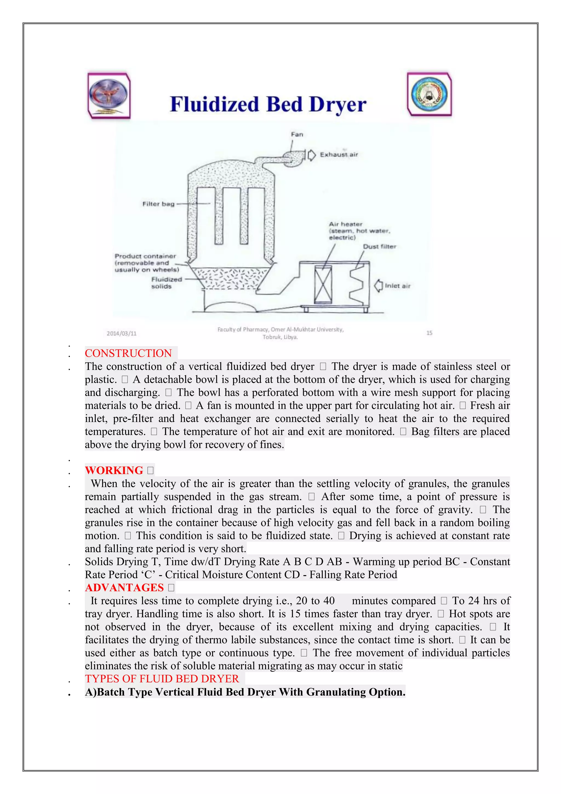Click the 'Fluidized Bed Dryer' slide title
pyautogui.click(x=268, y=104)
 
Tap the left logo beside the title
pyautogui.click(x=109, y=96)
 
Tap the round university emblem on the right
pyautogui.click(x=430, y=94)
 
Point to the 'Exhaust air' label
pyautogui.click(x=339, y=155)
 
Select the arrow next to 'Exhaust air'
pyautogui.click(x=311, y=155)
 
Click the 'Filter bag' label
pyautogui.click(x=158, y=204)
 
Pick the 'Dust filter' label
pyautogui.click(x=379, y=246)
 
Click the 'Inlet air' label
pyautogui.click(x=398, y=286)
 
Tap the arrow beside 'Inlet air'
pyautogui.click(x=379, y=286)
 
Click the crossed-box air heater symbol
pyautogui.click(x=323, y=284)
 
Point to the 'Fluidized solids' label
pyautogui.click(x=166, y=283)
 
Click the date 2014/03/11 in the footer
pyautogui.click(x=122, y=333)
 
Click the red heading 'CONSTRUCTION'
pyautogui.click(x=128, y=353)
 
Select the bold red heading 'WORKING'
pyautogui.click(x=114, y=470)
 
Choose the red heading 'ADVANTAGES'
pyautogui.click(x=124, y=588)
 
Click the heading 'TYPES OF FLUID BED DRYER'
pyautogui.click(x=162, y=679)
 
